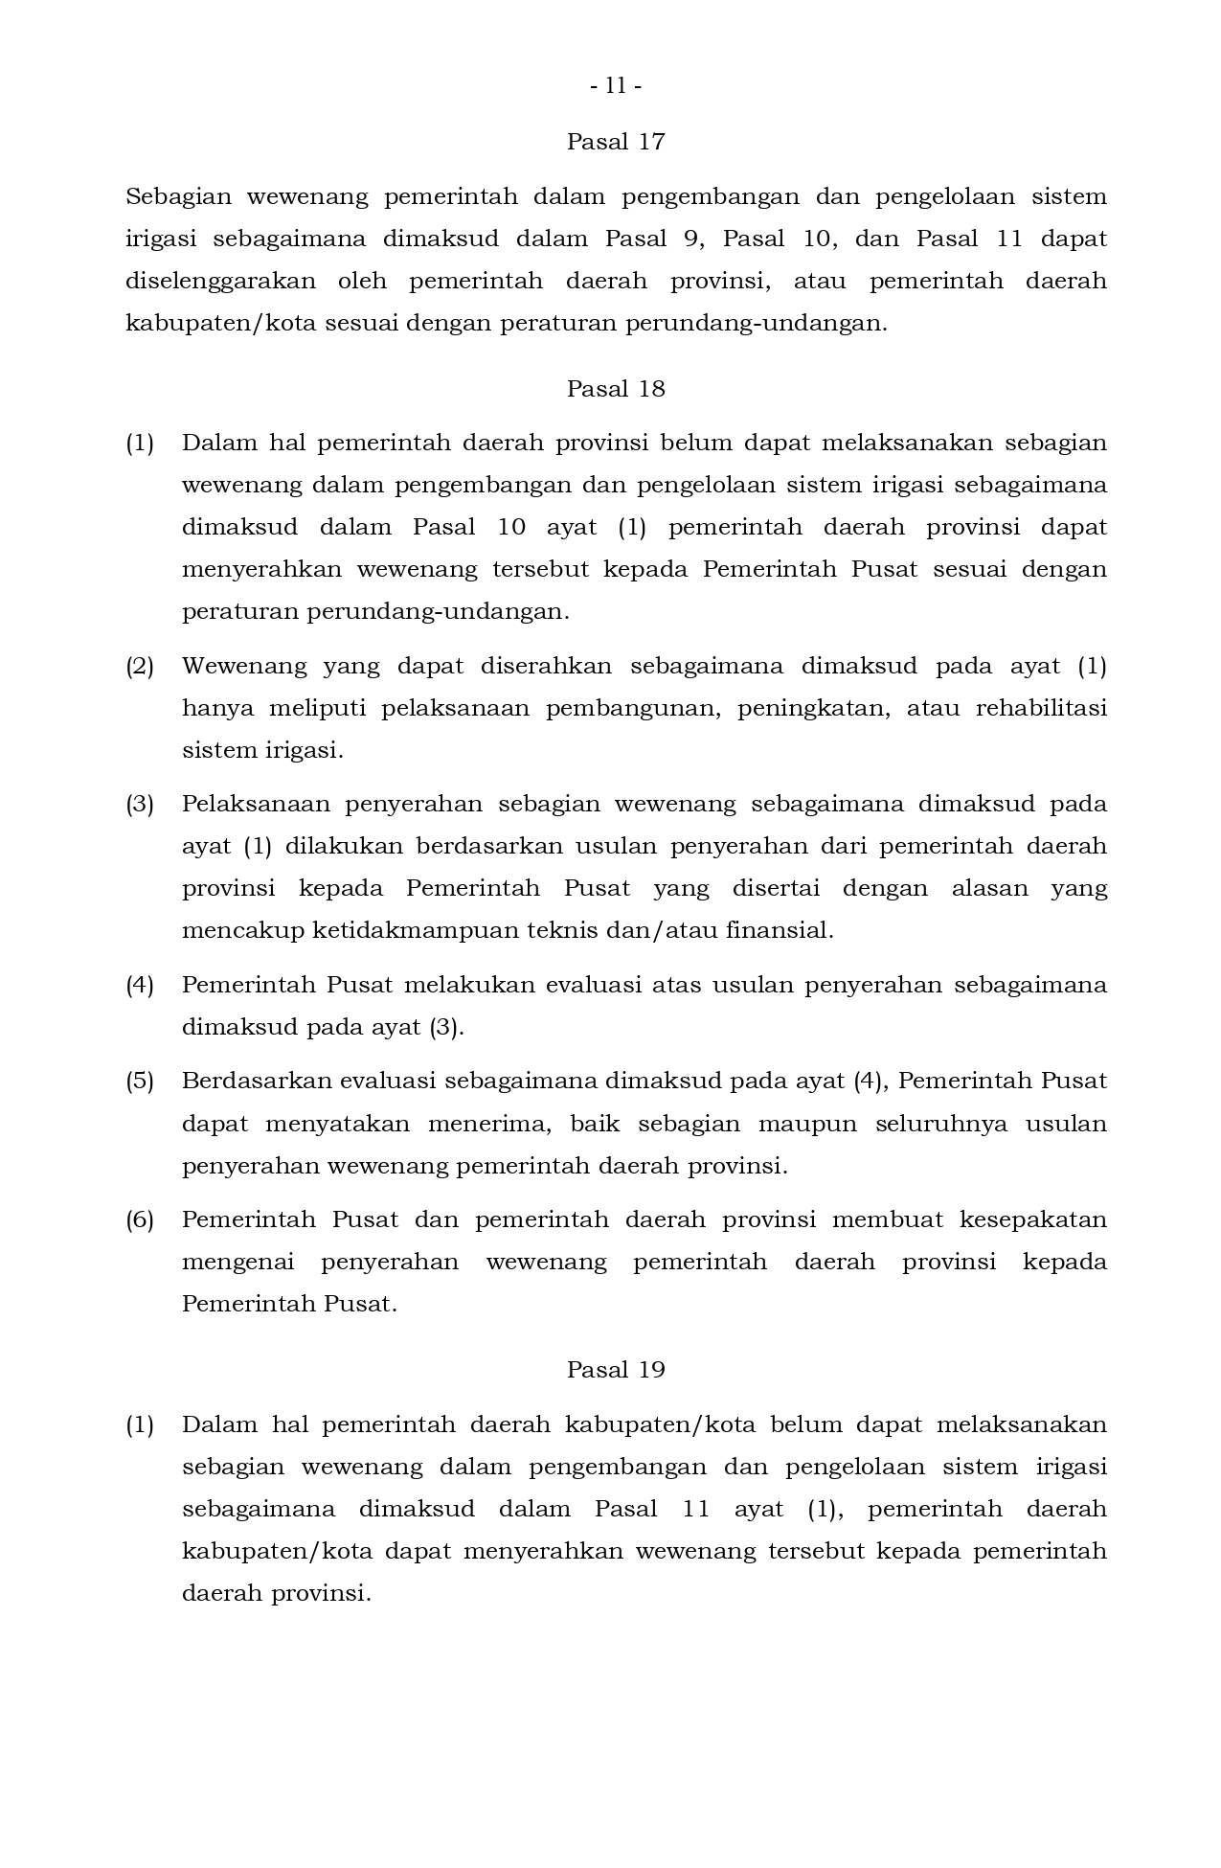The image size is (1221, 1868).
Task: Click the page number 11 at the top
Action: click(x=616, y=86)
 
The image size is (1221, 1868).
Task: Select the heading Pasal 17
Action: click(x=616, y=142)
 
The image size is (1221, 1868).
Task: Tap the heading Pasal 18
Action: click(x=616, y=389)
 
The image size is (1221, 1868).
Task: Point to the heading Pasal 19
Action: click(x=616, y=1370)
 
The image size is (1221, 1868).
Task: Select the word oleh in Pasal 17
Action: click(x=362, y=282)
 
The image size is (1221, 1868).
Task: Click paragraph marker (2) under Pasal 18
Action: click(x=140, y=667)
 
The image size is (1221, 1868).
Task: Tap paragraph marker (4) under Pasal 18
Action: click(x=140, y=986)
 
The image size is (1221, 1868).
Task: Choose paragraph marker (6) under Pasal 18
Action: click(x=140, y=1220)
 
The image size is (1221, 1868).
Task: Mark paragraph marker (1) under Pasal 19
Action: click(x=140, y=1425)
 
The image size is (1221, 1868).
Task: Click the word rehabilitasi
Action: click(x=1041, y=709)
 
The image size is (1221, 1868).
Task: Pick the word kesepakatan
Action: click(x=1032, y=1220)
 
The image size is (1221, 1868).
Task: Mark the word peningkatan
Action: click(x=814, y=709)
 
